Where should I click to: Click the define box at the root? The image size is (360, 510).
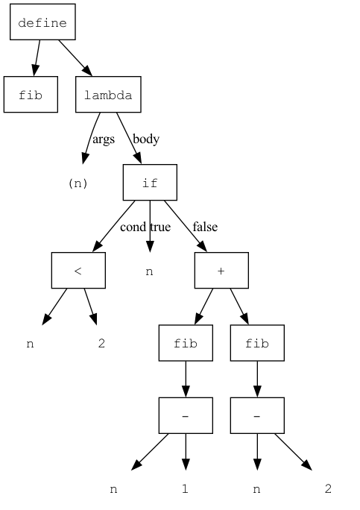[42, 23]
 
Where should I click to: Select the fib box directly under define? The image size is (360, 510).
[31, 95]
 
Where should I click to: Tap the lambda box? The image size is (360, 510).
[108, 95]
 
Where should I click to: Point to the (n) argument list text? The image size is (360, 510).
[78, 183]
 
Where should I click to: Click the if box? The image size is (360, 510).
[150, 183]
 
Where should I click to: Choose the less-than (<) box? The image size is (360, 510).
[78, 270]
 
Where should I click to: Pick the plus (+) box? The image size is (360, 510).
[221, 270]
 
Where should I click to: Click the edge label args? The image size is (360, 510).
[104, 139]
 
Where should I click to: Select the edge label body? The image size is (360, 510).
[145, 139]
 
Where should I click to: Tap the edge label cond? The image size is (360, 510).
[133, 227]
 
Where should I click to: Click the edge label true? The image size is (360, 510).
[160, 227]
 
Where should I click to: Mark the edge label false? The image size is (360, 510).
[205, 227]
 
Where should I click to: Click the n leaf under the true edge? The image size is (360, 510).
[149, 271]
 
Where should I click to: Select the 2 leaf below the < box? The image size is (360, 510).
[101, 344]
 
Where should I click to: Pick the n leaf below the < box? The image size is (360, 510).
[30, 344]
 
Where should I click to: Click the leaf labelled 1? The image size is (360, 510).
[185, 489]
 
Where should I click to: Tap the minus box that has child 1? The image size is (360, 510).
[186, 415]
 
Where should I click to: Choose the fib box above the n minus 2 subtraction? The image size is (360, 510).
[257, 343]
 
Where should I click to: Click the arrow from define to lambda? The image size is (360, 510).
[75, 57]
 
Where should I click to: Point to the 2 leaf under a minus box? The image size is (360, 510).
[328, 489]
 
